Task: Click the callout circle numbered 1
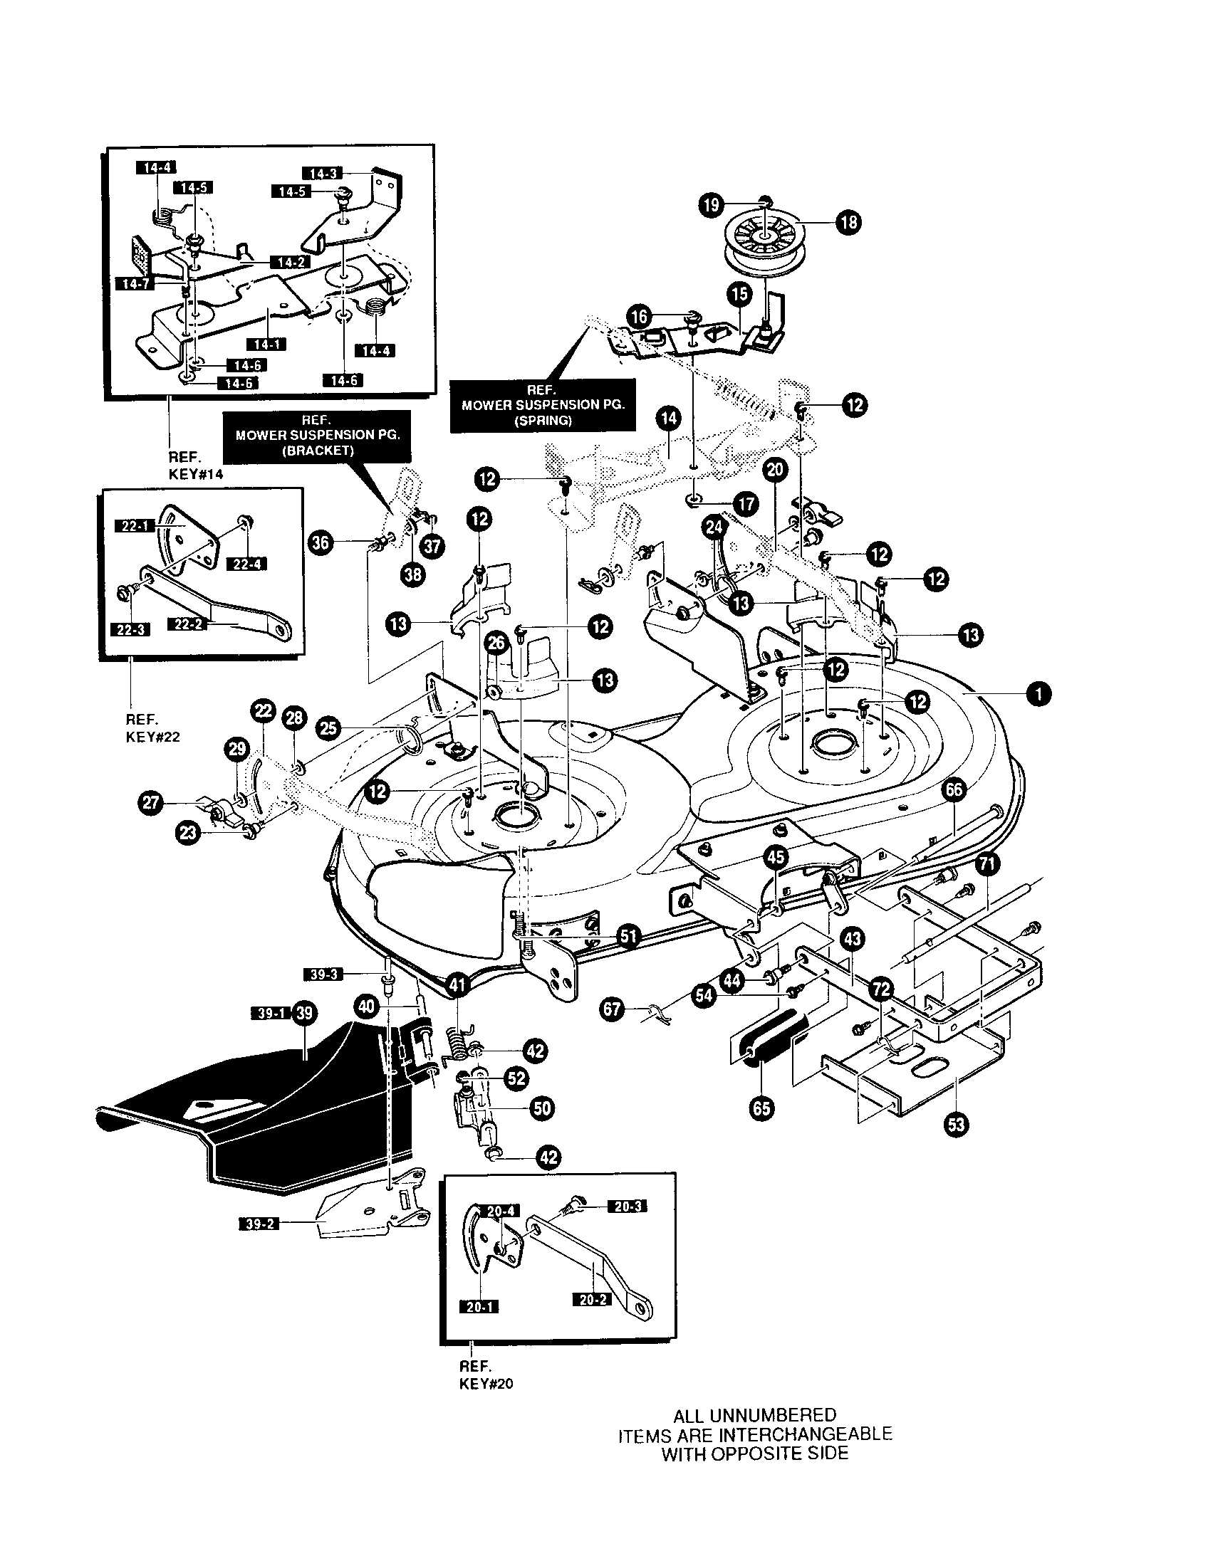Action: click(1038, 693)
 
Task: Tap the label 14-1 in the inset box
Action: click(266, 345)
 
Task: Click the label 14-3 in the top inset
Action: click(323, 173)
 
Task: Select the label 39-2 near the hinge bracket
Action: click(259, 1225)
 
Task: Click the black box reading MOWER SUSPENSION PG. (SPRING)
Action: click(542, 405)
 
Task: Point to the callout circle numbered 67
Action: click(612, 1010)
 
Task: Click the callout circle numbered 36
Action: click(321, 543)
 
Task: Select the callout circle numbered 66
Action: click(954, 790)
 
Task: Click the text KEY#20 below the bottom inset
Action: click(486, 1384)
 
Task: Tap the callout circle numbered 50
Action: click(542, 1108)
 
